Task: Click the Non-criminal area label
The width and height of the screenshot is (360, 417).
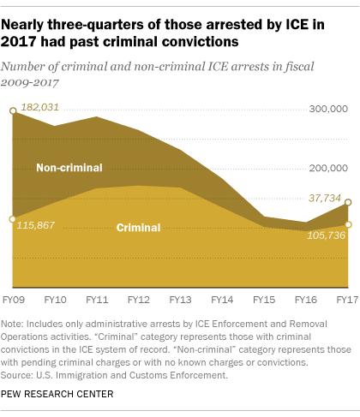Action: [x=69, y=167]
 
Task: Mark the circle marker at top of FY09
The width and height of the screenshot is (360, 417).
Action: [x=13, y=110]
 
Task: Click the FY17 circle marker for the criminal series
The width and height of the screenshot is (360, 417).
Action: [x=348, y=224]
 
